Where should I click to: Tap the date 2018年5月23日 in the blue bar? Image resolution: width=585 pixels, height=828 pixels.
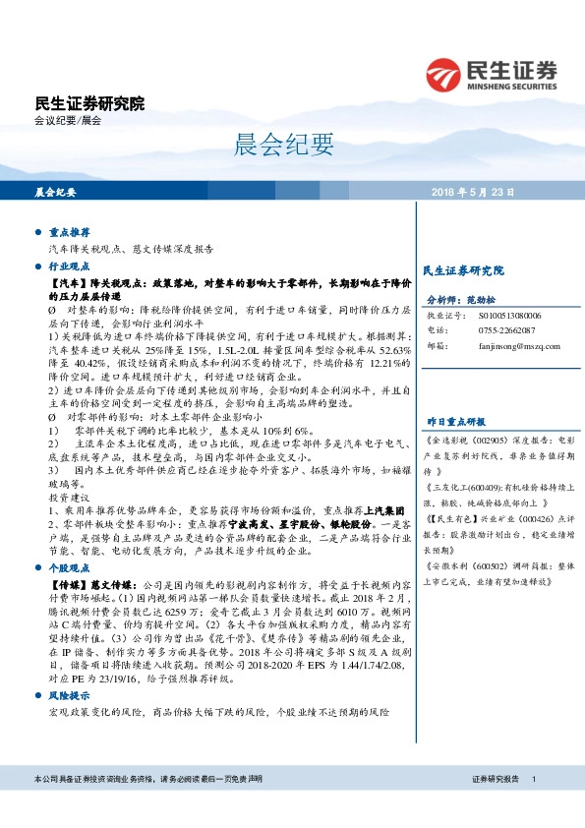472,193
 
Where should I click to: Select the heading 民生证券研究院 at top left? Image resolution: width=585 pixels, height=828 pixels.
89,102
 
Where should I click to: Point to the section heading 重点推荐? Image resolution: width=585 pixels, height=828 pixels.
70,233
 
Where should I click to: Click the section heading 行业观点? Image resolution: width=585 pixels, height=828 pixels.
70,266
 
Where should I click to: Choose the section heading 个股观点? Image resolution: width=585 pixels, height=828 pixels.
70,567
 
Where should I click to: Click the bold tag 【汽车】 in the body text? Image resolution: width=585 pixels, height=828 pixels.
66,283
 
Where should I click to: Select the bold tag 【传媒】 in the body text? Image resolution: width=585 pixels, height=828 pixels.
66,584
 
